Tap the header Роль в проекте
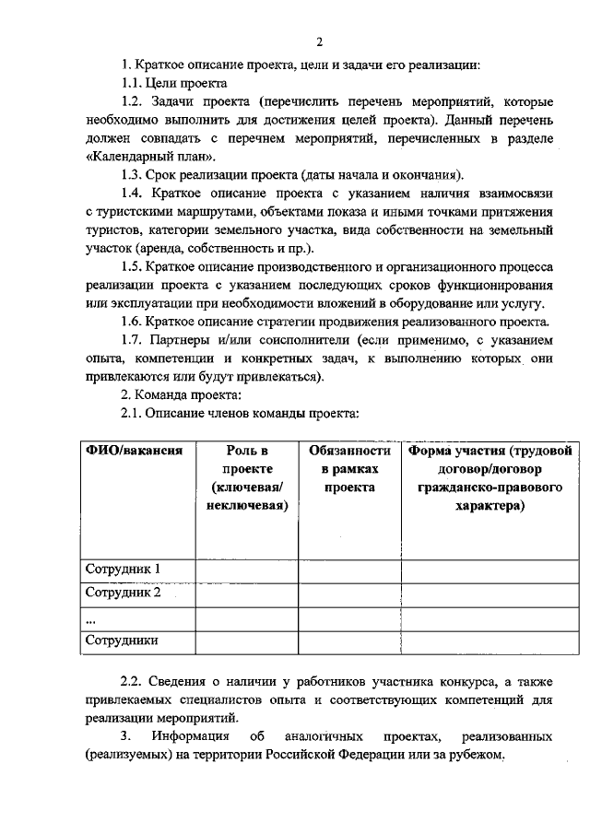(x=246, y=477)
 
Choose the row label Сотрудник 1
(x=124, y=569)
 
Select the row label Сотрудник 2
(x=124, y=593)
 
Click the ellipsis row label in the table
(x=89, y=617)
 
